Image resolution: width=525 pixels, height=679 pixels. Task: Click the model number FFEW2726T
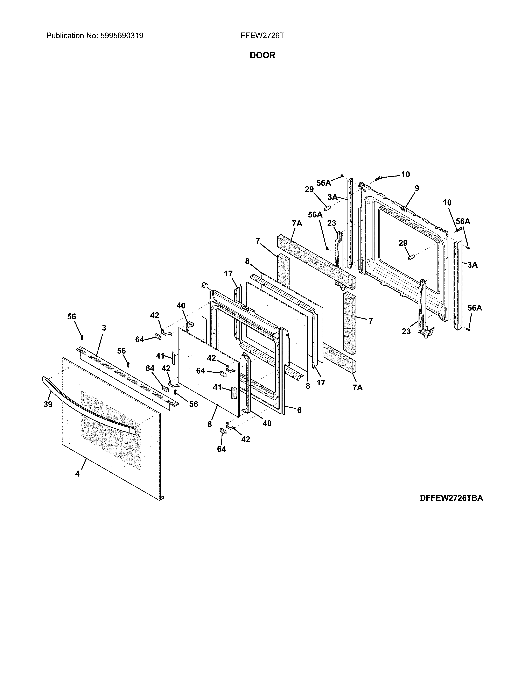tap(262, 36)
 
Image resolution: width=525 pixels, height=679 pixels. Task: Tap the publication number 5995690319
tap(122, 36)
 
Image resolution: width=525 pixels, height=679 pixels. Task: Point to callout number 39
tap(48, 405)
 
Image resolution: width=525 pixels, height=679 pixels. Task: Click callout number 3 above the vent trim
tap(104, 328)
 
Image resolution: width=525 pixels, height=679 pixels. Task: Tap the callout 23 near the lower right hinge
tap(406, 331)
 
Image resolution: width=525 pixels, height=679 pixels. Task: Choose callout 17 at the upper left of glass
tap(228, 274)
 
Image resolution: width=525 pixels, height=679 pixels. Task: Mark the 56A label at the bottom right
tap(475, 308)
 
